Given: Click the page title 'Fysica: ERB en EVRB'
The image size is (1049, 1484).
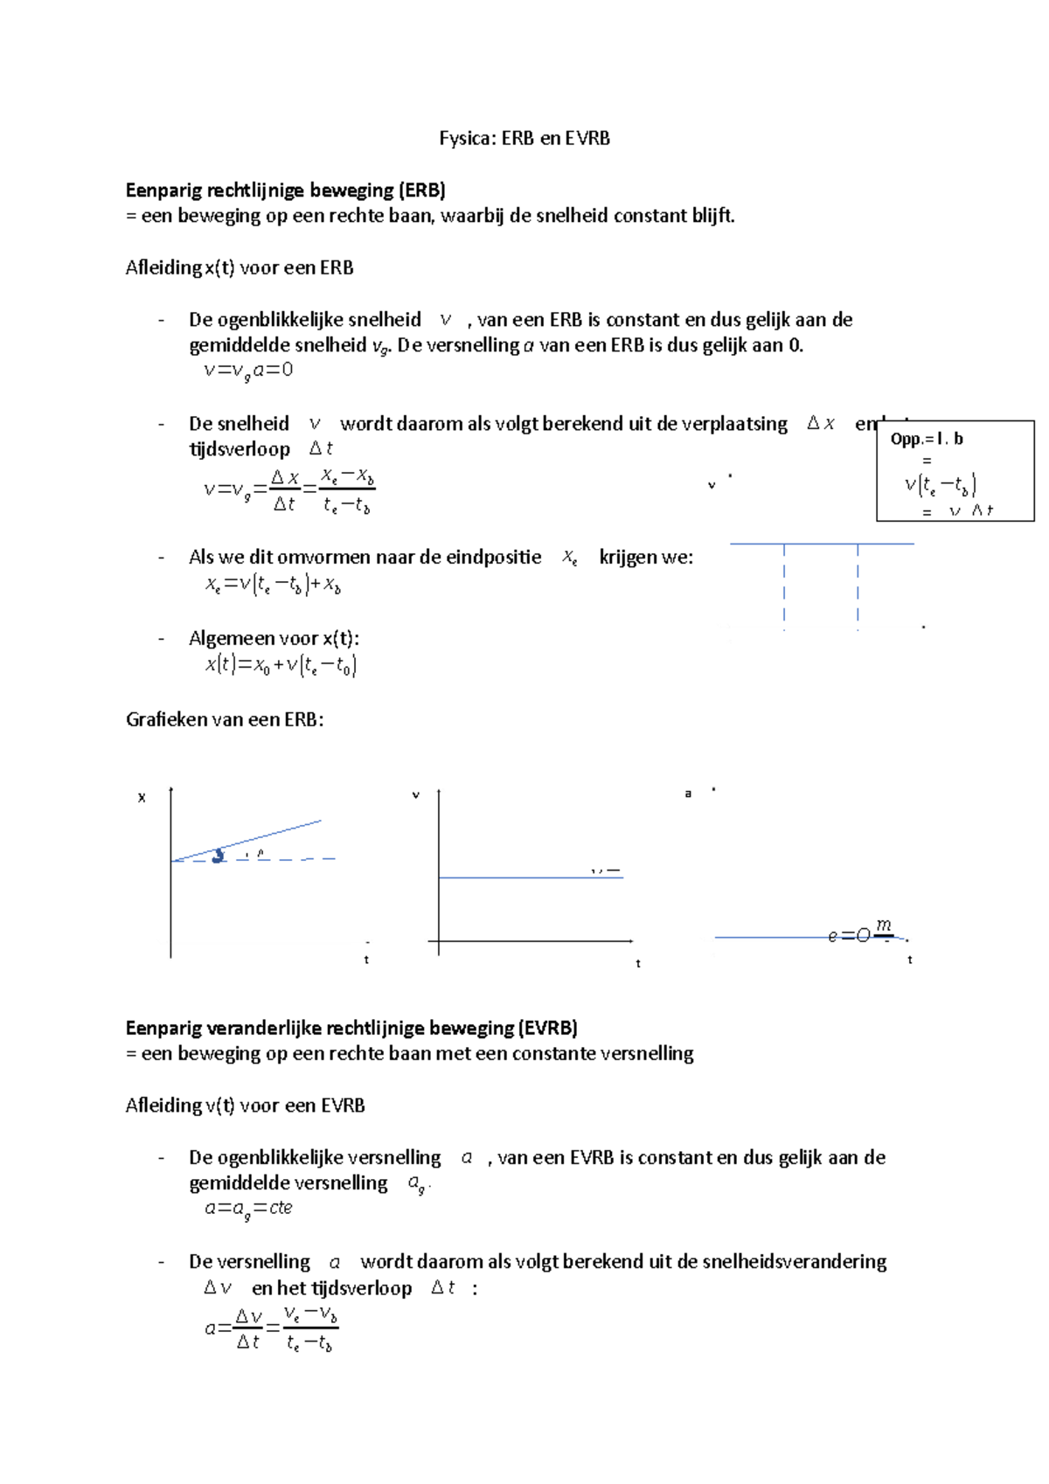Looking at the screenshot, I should (524, 138).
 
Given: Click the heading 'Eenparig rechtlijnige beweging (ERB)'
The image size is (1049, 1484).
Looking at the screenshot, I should (285, 190).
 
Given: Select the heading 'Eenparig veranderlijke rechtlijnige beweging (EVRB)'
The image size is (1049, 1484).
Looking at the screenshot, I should (351, 1028).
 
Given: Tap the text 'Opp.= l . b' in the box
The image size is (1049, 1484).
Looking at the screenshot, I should (926, 439).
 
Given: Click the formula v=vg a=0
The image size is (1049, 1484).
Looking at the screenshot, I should (247, 371).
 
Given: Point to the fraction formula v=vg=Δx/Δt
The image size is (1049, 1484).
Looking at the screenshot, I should (288, 490).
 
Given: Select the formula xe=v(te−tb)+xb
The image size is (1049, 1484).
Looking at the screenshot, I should (273, 585).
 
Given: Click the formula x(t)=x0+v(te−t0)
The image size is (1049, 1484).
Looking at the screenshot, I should (281, 665).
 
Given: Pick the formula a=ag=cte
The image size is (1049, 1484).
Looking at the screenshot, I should (247, 1209).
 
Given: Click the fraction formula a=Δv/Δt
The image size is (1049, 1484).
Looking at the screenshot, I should (271, 1328).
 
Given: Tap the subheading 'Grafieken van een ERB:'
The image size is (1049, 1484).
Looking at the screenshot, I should (225, 719).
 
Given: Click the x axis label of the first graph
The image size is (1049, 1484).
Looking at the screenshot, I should (142, 797).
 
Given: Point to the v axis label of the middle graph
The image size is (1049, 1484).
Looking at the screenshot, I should (415, 794).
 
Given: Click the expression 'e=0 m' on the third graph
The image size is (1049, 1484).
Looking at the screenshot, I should (861, 933).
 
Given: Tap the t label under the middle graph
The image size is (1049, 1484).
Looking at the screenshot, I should (637, 963).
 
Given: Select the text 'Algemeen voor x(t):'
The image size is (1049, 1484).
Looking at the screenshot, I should (274, 638).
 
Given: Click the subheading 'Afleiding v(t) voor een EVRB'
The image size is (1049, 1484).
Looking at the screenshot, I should (245, 1106).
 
